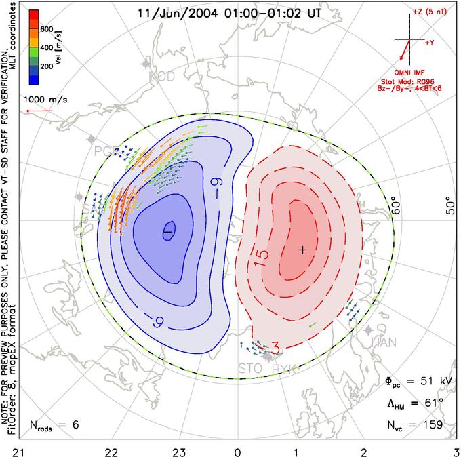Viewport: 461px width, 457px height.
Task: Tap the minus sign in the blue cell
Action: pos(167,232)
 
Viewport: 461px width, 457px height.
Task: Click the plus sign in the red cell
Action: pos(302,250)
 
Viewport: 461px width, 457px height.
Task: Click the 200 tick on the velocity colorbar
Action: pos(47,67)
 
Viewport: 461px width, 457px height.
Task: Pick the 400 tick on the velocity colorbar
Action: pos(47,48)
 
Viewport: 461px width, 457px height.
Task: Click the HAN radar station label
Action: pos(384,342)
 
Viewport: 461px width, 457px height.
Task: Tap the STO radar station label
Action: pos(249,369)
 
